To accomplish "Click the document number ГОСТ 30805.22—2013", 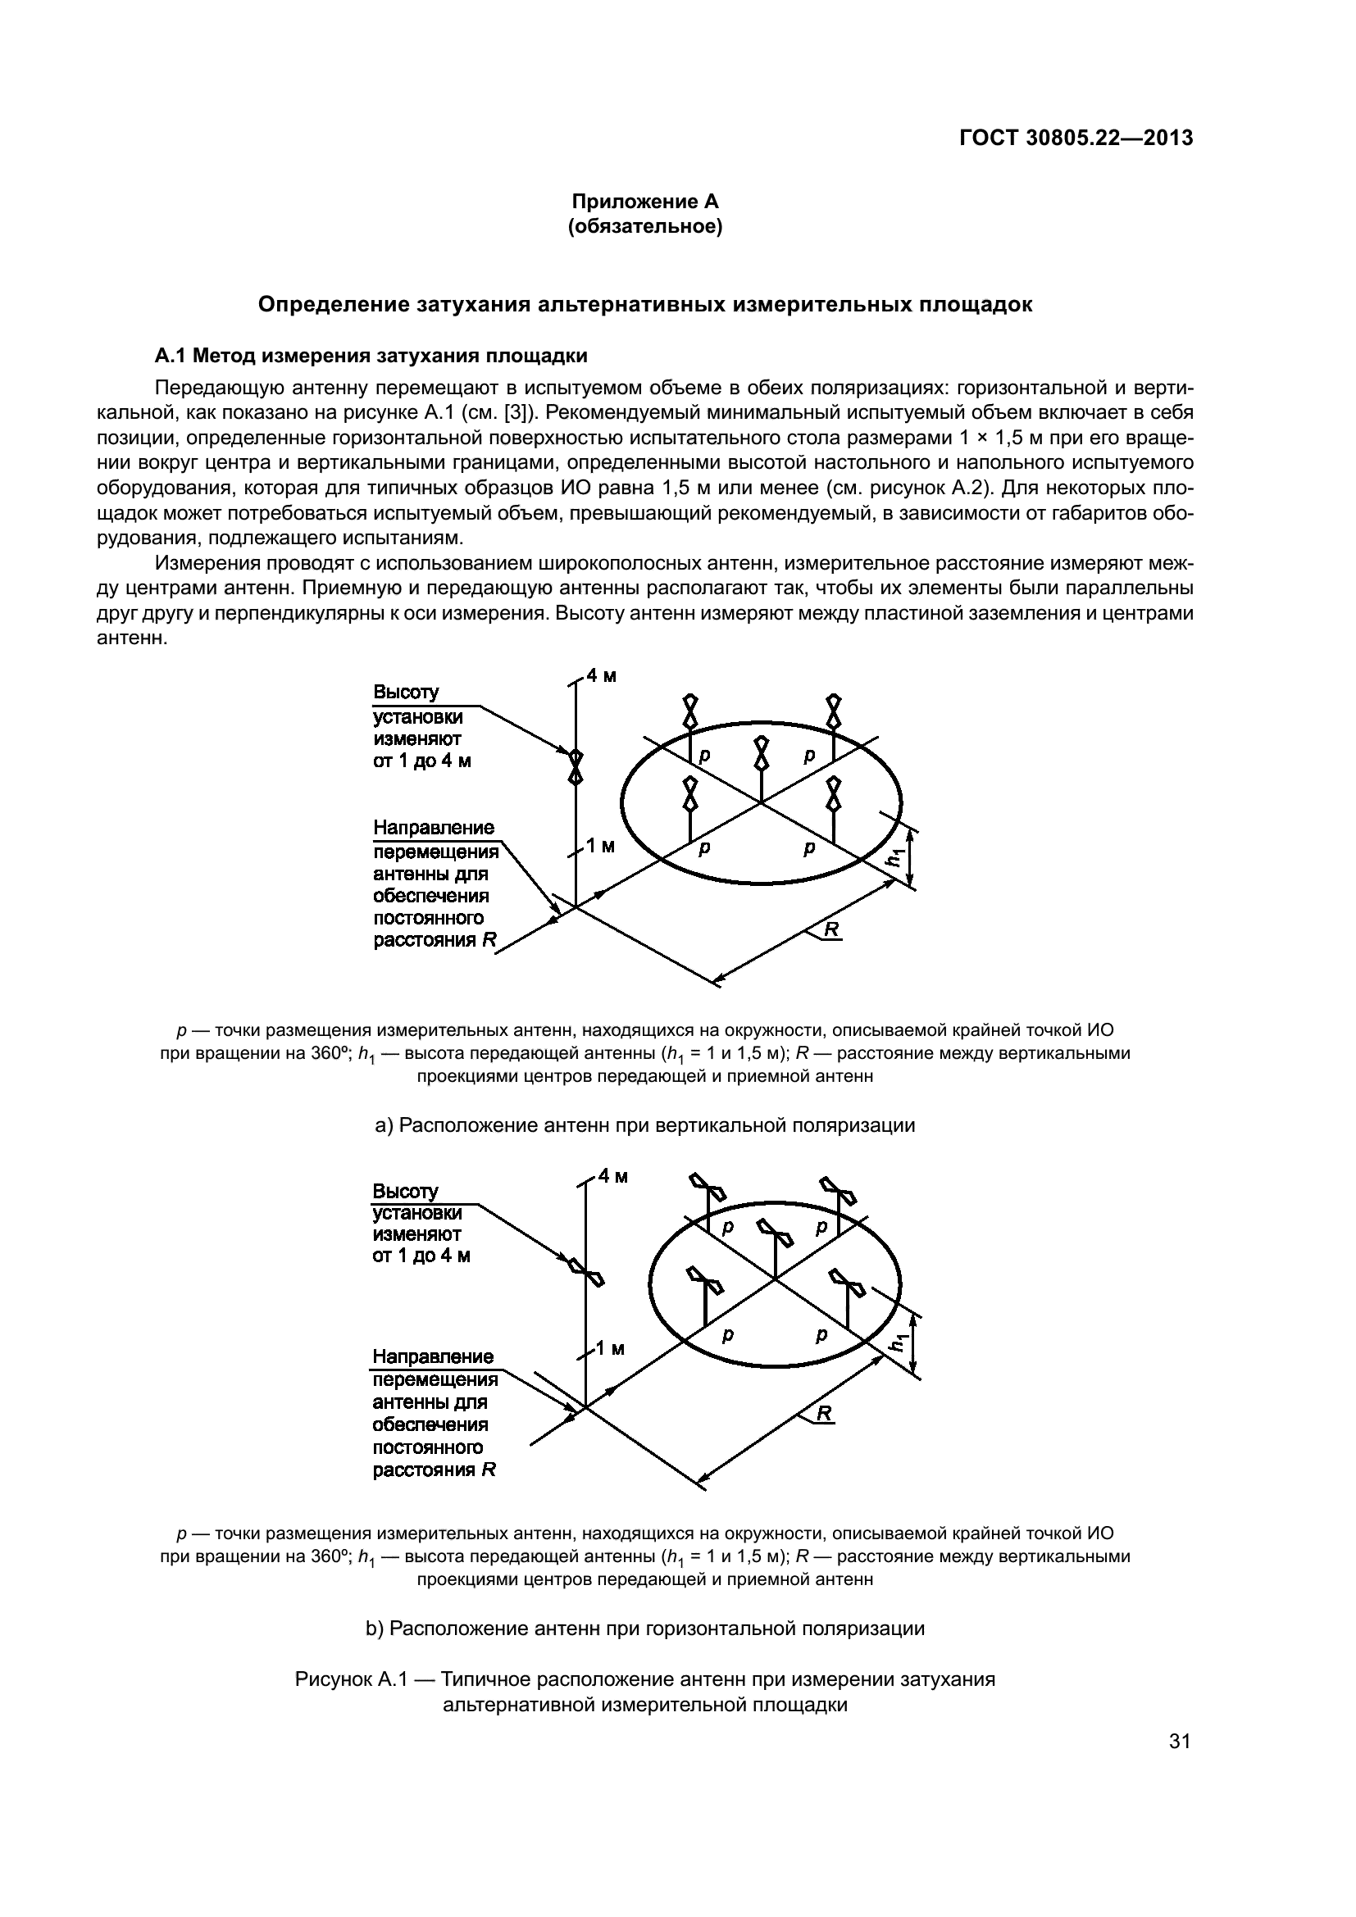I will pos(1076,139).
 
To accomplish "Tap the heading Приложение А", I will pos(644,202).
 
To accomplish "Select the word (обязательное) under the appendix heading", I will pos(644,226).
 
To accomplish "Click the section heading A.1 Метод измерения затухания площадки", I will pos(371,357).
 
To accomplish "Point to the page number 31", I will pos(1179,1741).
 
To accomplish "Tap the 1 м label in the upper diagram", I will pos(599,847).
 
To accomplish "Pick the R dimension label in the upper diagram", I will pos(831,929).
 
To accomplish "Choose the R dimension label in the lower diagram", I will pos(824,1413).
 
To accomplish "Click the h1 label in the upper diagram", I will pos(895,856).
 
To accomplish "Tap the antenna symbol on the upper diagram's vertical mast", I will pos(576,766).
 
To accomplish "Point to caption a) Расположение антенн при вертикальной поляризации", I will pos(644,1125).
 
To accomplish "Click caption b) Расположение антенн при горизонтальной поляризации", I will pos(644,1629).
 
